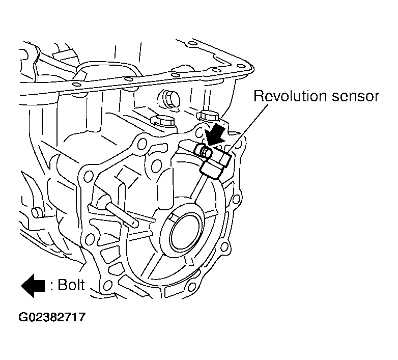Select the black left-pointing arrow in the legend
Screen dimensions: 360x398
pos(33,285)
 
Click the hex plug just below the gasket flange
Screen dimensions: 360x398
pos(168,98)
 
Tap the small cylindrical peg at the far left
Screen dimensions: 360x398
pos(36,212)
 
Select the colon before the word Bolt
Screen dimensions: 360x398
pos(52,286)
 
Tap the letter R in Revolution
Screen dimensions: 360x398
pos(259,96)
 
